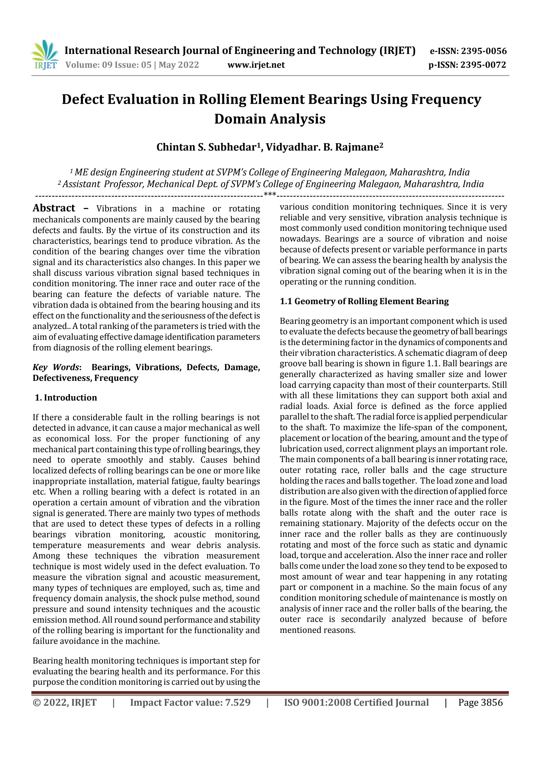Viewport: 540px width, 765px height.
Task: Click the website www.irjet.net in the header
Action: [x=256, y=65]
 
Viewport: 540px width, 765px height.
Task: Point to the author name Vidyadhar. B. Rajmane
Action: [x=322, y=147]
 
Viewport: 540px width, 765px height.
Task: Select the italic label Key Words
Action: [x=56, y=367]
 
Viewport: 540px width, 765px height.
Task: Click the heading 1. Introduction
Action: [x=66, y=397]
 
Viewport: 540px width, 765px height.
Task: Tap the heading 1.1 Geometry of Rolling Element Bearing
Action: [x=364, y=301]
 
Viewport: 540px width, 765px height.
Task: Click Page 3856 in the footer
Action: [x=480, y=702]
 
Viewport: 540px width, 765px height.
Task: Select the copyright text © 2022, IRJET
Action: [x=65, y=702]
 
